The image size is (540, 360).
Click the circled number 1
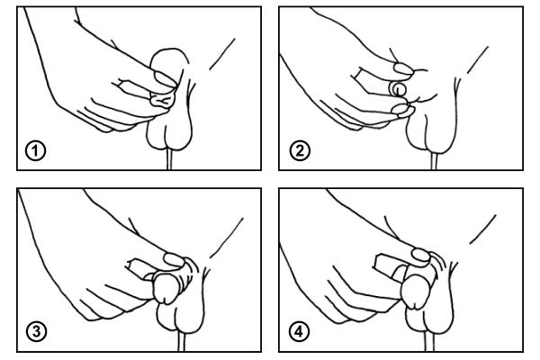point(35,151)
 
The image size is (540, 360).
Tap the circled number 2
point(300,150)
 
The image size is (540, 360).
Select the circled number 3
point(36,332)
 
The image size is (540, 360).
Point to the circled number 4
point(300,332)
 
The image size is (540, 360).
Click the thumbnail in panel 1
point(165,79)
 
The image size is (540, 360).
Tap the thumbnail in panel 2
point(403,68)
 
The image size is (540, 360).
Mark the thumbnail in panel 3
point(175,259)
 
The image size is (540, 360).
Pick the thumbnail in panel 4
point(421,256)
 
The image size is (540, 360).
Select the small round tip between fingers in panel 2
point(399,90)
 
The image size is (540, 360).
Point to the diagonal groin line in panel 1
point(222,54)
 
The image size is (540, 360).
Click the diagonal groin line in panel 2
point(478,59)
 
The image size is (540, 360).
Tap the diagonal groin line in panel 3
point(227,238)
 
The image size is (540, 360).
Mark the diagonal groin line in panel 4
point(482,229)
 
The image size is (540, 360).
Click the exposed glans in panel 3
point(166,288)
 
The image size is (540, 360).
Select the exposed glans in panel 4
point(416,292)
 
